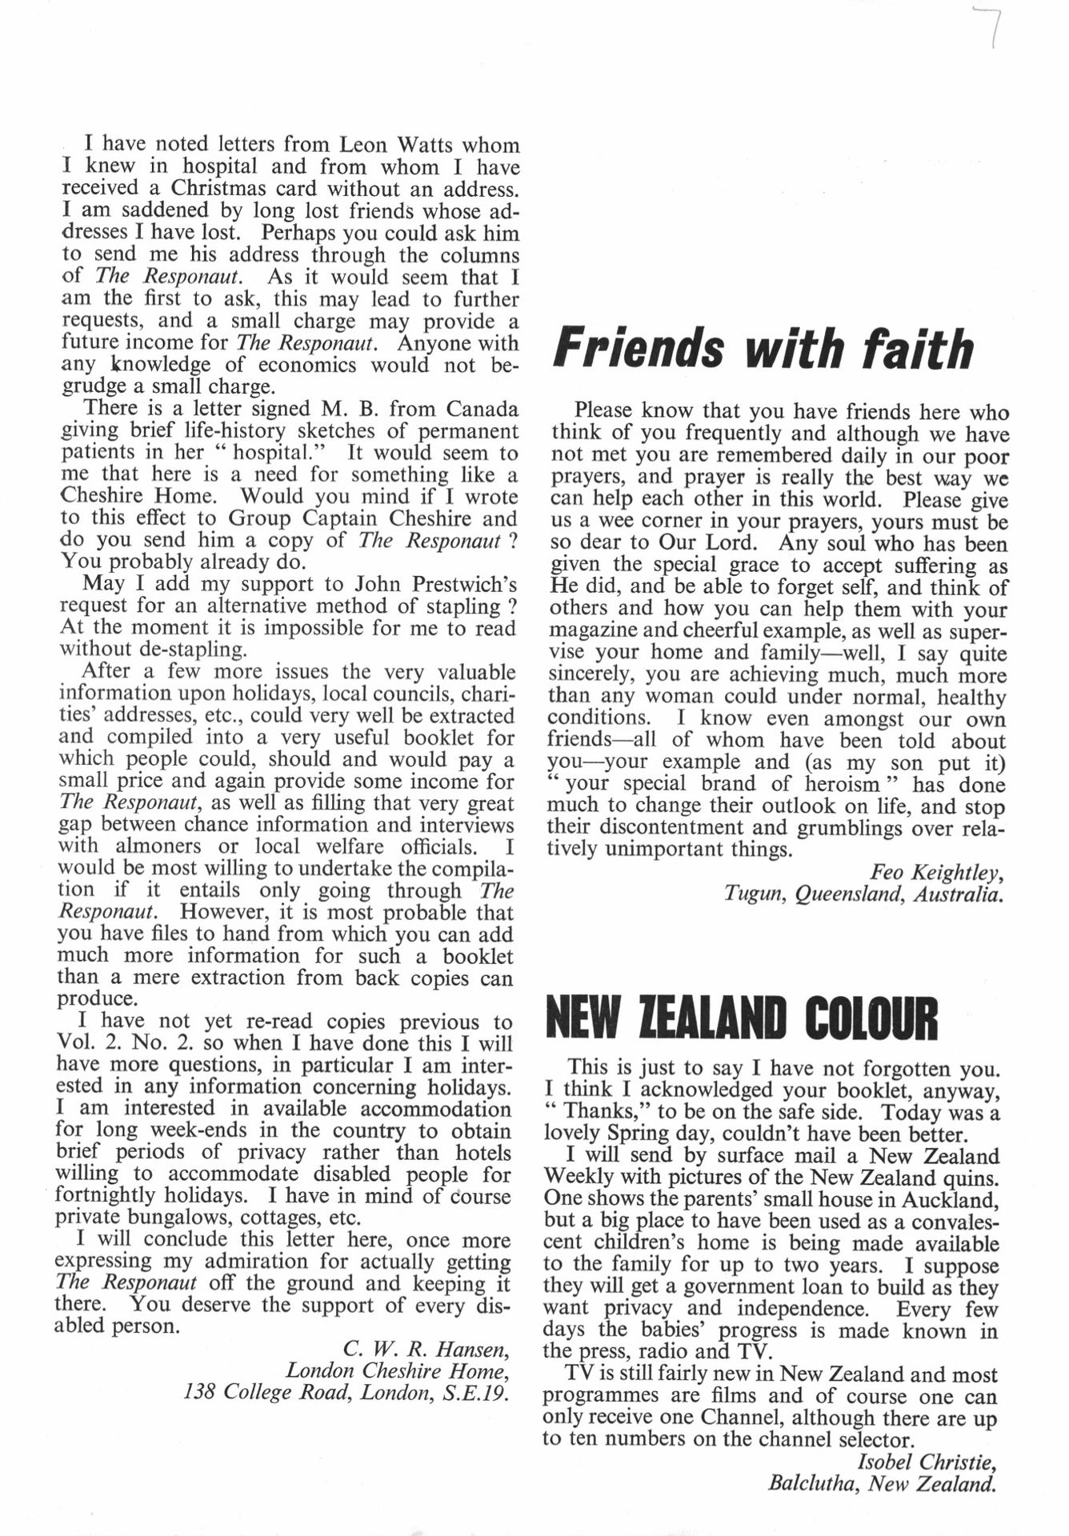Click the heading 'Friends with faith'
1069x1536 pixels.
point(763,350)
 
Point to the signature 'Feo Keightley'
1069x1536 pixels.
point(936,872)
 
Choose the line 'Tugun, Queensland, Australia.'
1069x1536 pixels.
point(863,894)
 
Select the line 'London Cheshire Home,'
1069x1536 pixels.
point(397,1370)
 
